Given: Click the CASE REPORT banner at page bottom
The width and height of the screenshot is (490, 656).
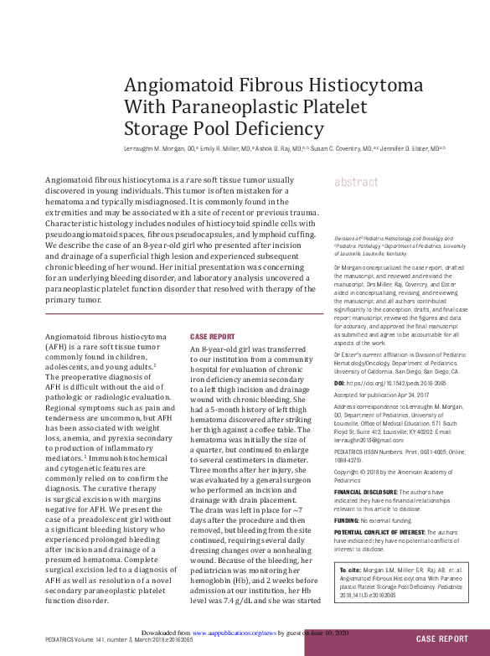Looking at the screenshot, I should click(x=442, y=639).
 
